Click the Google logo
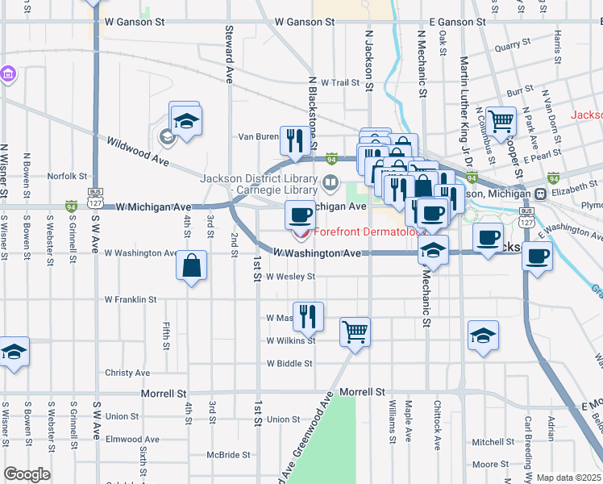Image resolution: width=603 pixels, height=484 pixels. (27, 474)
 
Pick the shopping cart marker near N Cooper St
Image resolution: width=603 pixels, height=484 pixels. (501, 121)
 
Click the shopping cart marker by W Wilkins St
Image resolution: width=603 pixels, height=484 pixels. (355, 331)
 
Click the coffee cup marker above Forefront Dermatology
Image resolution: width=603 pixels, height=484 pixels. (301, 215)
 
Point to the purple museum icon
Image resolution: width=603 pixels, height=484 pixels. (10, 74)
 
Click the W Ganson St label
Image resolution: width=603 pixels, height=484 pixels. (305, 23)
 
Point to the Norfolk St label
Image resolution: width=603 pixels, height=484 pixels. (67, 176)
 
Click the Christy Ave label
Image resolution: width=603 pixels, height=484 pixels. (127, 373)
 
